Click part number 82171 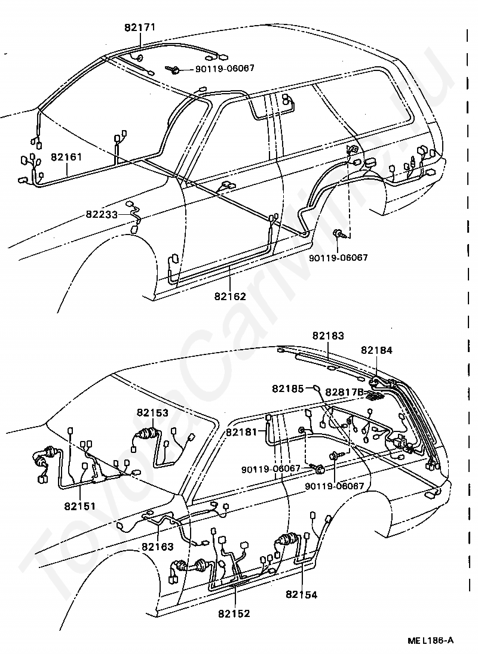tap(140, 27)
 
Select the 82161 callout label tap(66, 158)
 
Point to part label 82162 tap(230, 295)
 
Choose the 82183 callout tap(328, 336)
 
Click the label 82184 tap(376, 350)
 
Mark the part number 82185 tap(288, 388)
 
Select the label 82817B tap(344, 392)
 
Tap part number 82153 tap(152, 412)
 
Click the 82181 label tap(242, 431)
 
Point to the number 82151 tap(81, 507)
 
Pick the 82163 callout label tap(158, 546)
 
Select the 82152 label tap(234, 613)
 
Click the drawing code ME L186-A tap(430, 641)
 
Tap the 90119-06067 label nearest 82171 tap(225, 69)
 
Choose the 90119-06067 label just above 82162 tap(338, 258)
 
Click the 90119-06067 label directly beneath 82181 tap(271, 468)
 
